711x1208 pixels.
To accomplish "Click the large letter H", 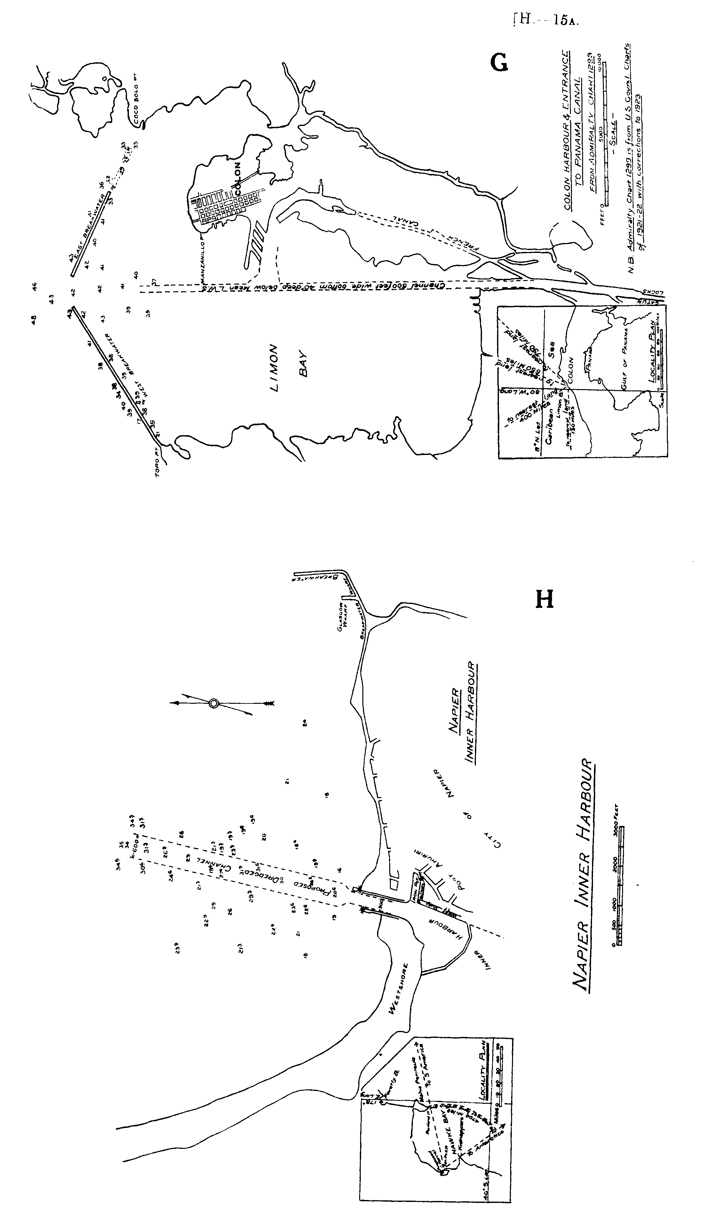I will [x=544, y=599].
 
